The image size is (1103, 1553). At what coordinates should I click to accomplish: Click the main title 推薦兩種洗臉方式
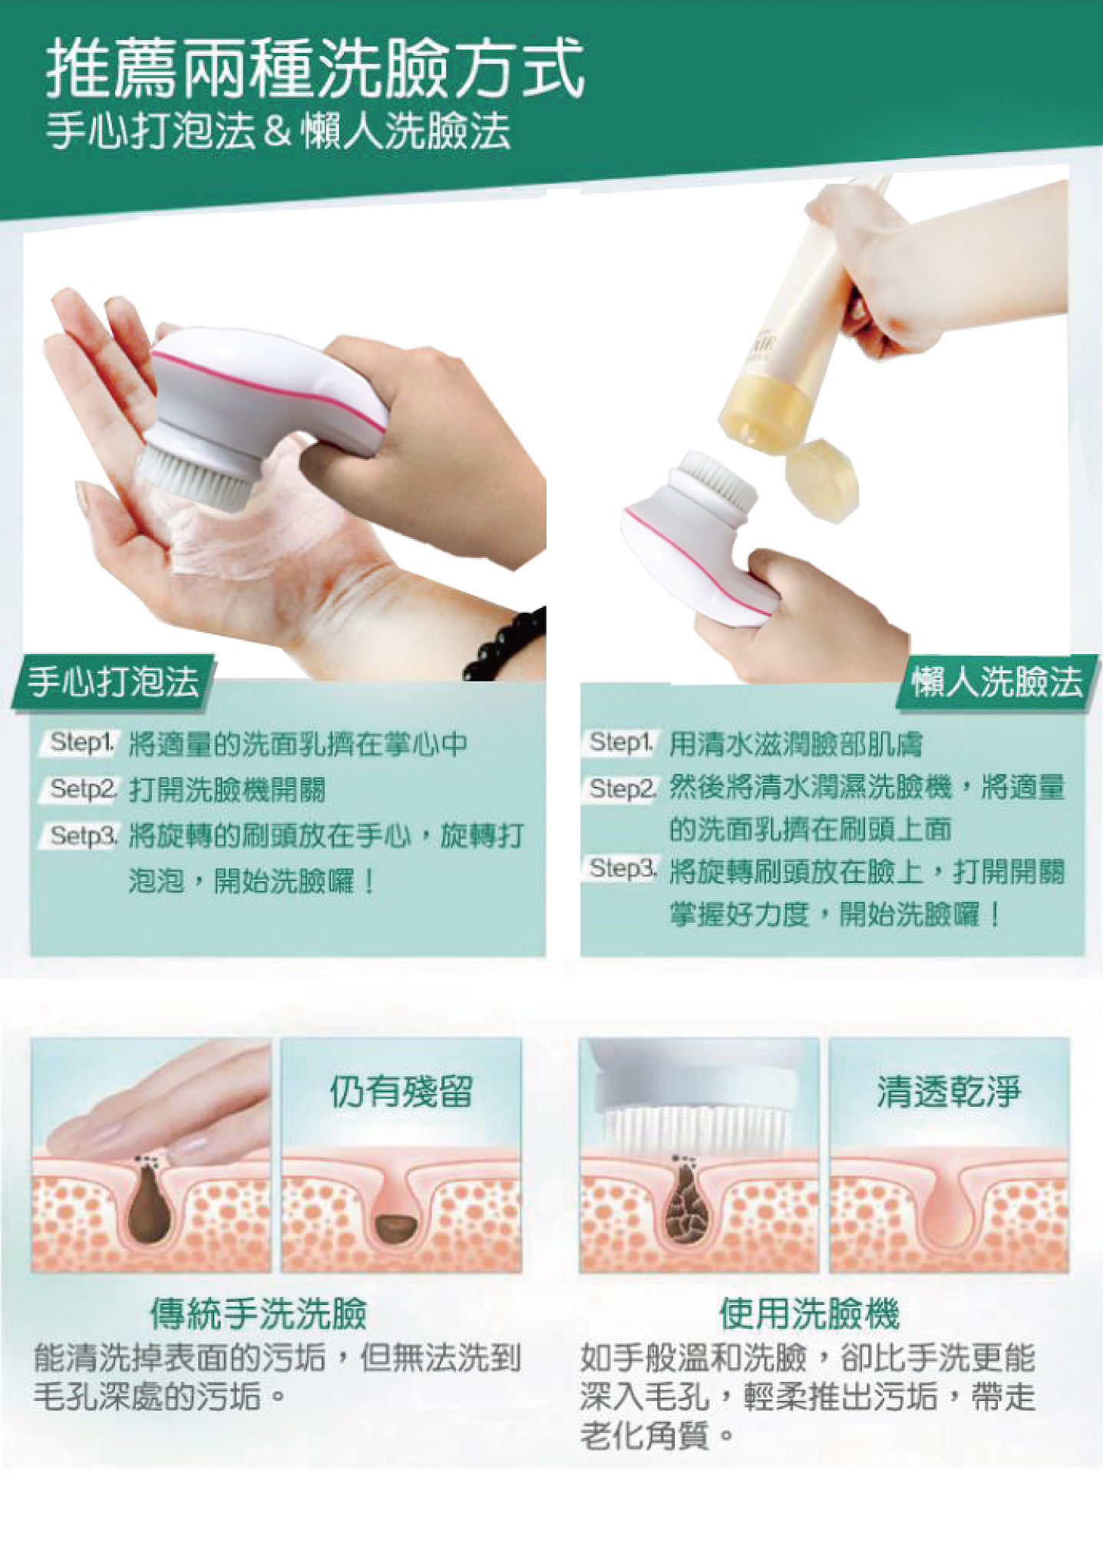(x=315, y=71)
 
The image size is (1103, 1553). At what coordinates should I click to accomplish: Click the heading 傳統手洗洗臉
(x=259, y=1314)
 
